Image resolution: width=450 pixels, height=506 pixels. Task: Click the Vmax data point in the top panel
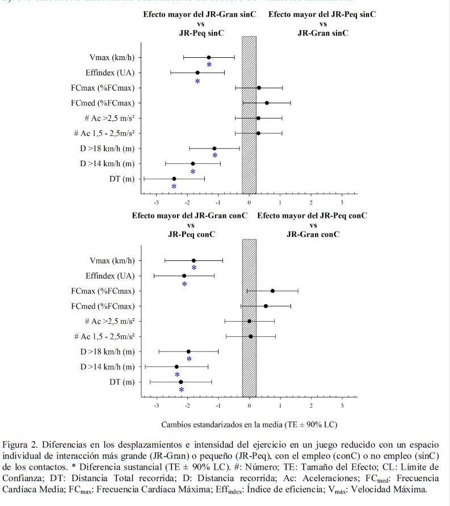click(x=209, y=57)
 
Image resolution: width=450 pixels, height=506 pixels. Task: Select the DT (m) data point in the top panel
click(x=174, y=179)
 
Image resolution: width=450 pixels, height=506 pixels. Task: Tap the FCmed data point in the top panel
click(x=267, y=103)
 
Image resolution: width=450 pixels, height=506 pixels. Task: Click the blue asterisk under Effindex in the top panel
click(x=197, y=82)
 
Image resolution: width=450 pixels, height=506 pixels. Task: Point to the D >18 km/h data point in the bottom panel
click(x=188, y=352)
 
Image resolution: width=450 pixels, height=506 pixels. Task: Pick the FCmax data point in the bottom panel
click(x=272, y=291)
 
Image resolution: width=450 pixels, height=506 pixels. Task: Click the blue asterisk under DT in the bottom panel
click(x=181, y=390)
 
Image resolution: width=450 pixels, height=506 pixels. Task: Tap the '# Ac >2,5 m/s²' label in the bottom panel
click(x=108, y=321)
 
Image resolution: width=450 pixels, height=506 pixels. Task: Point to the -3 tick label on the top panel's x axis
click(x=156, y=203)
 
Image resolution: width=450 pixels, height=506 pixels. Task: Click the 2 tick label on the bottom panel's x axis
click(x=311, y=406)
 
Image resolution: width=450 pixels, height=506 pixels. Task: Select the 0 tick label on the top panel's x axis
click(x=249, y=203)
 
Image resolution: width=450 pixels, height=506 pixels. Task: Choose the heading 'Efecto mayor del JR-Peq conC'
click(x=312, y=216)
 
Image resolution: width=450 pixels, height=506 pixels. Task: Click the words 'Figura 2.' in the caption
click(x=18, y=442)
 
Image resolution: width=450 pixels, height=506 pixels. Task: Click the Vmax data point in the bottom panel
click(x=194, y=260)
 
